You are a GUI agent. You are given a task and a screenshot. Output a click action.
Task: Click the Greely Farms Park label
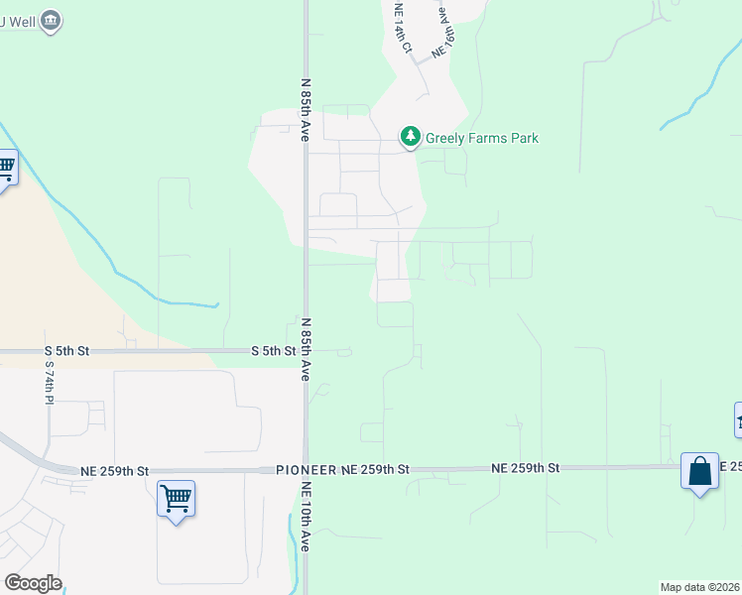[x=481, y=138]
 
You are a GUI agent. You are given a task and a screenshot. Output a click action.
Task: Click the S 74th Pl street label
[x=50, y=382]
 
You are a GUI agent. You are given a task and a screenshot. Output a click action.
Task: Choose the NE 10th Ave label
[x=307, y=517]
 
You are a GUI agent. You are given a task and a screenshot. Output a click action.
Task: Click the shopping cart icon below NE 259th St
[x=176, y=498]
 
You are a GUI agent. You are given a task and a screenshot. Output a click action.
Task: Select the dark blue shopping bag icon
[x=699, y=471]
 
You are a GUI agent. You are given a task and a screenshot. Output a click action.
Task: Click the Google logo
[x=33, y=583]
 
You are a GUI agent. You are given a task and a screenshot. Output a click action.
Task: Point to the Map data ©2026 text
[x=699, y=587]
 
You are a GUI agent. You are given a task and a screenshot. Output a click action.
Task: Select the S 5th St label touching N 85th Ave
[x=274, y=351]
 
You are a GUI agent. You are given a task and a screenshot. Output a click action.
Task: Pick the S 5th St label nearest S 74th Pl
[x=66, y=351]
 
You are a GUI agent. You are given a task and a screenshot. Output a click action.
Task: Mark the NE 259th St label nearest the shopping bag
[x=527, y=467]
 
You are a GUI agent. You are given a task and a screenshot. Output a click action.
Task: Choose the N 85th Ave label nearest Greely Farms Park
[x=307, y=110]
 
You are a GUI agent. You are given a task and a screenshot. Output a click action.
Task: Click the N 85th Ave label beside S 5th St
[x=307, y=349]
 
